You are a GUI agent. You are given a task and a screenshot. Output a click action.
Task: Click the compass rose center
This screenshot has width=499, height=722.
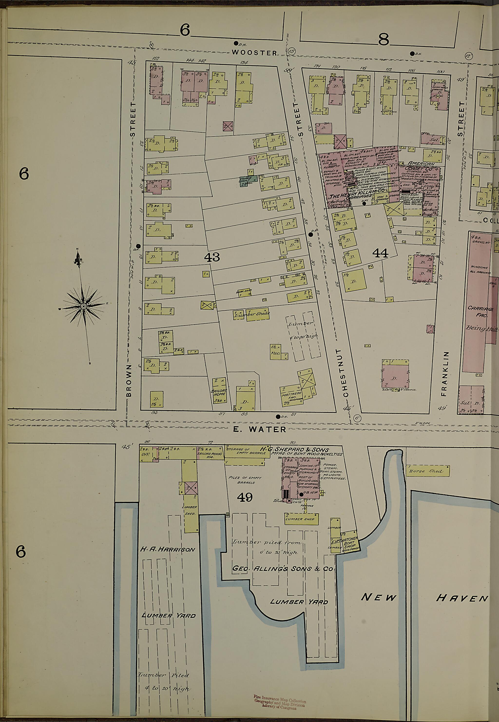pos(84,306)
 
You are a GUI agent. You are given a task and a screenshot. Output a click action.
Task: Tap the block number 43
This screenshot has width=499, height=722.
pos(212,257)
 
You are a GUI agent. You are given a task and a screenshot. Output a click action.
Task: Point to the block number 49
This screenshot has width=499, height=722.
pos(245,497)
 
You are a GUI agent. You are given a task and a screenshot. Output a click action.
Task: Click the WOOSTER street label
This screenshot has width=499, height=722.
pos(255,53)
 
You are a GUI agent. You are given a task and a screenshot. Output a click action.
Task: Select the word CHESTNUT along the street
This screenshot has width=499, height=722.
pos(345,372)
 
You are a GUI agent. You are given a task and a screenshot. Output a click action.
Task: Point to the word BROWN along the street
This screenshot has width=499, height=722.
pos(129,380)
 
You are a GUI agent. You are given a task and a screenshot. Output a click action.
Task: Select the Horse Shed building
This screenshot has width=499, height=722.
pos(427,471)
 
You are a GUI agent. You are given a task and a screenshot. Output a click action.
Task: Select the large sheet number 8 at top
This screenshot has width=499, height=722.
pos(383,40)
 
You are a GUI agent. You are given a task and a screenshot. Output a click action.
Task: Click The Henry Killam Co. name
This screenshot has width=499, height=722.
pos(357,195)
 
